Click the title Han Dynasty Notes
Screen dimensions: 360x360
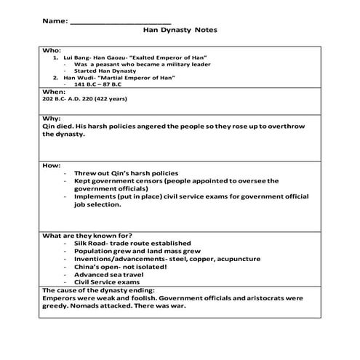180,31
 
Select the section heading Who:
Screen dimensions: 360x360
52,52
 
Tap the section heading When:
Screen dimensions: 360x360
54,92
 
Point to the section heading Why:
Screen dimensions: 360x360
52,117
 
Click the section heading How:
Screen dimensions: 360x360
52,165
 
